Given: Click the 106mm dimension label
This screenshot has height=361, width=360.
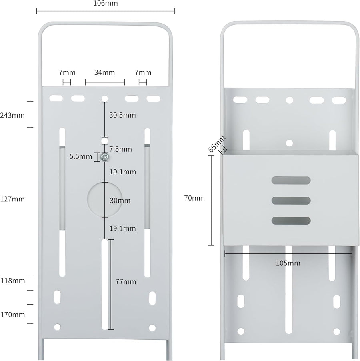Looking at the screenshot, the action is pyautogui.click(x=106, y=3).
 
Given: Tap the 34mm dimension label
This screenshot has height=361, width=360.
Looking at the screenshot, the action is pyautogui.click(x=105, y=72).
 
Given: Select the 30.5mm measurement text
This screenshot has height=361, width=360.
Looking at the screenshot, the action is pyautogui.click(x=122, y=115).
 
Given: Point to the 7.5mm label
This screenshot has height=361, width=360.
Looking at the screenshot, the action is pyautogui.click(x=120, y=149).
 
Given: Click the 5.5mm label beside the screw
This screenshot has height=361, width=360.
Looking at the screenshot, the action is pyautogui.click(x=81, y=156).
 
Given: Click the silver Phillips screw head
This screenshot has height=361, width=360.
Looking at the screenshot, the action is pyautogui.click(x=105, y=157).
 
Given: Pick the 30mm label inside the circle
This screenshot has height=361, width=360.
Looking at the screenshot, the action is pyautogui.click(x=120, y=200).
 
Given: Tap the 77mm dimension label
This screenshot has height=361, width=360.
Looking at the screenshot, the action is pyautogui.click(x=126, y=282).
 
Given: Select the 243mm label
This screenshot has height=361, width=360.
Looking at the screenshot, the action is pyautogui.click(x=12, y=115).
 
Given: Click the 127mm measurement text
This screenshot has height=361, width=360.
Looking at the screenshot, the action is pyautogui.click(x=12, y=199).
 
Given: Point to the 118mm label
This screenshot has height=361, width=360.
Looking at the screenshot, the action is pyautogui.click(x=13, y=281).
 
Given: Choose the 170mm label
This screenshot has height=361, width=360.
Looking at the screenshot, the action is pyautogui.click(x=13, y=315).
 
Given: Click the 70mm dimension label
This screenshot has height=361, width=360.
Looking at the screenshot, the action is pyautogui.click(x=194, y=198).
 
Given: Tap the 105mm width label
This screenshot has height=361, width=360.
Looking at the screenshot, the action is pyautogui.click(x=288, y=263).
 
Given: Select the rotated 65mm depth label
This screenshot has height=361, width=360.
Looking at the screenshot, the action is pyautogui.click(x=217, y=144).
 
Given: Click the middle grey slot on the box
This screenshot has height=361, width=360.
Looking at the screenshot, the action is pyautogui.click(x=291, y=200).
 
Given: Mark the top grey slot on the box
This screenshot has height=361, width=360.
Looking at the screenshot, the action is pyautogui.click(x=291, y=180).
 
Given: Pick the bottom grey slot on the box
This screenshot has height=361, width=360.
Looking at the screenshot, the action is pyautogui.click(x=291, y=221).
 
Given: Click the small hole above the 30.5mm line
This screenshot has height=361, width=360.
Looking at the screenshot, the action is pyautogui.click(x=105, y=99).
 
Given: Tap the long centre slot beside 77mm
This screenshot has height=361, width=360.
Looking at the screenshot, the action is pyautogui.click(x=105, y=285).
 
